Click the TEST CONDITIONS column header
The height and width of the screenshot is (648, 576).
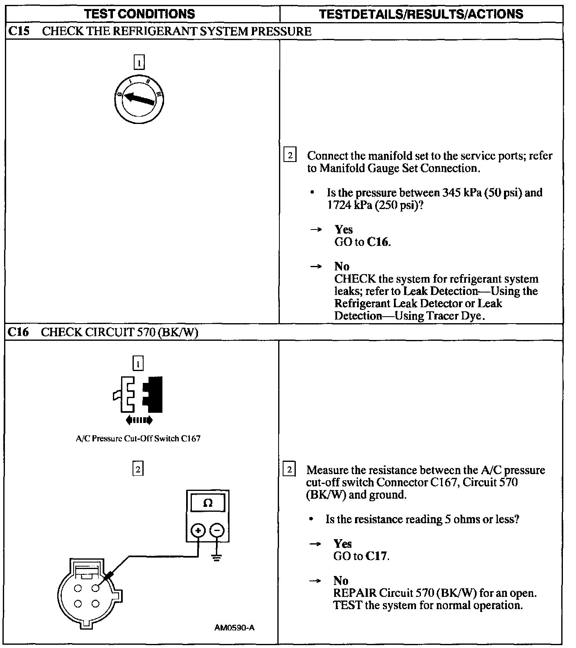(x=139, y=14)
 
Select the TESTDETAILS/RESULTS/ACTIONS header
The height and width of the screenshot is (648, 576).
(x=421, y=14)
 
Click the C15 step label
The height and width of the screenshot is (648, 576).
(x=18, y=31)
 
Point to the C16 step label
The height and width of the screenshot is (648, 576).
(x=18, y=332)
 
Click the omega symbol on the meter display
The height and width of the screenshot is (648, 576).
(x=208, y=503)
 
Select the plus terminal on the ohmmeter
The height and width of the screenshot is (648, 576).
(x=198, y=531)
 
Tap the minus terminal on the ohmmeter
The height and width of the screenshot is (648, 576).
(x=217, y=531)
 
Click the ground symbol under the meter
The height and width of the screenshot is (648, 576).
(x=217, y=557)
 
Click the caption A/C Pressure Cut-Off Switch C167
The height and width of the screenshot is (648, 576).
(x=138, y=439)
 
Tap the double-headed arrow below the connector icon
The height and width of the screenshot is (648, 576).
(x=139, y=420)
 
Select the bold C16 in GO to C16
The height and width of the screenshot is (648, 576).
(x=377, y=242)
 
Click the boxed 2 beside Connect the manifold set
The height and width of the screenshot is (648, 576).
(x=290, y=155)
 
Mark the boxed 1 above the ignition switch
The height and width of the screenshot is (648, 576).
(x=139, y=63)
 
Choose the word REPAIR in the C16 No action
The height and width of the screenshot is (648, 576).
(x=355, y=593)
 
